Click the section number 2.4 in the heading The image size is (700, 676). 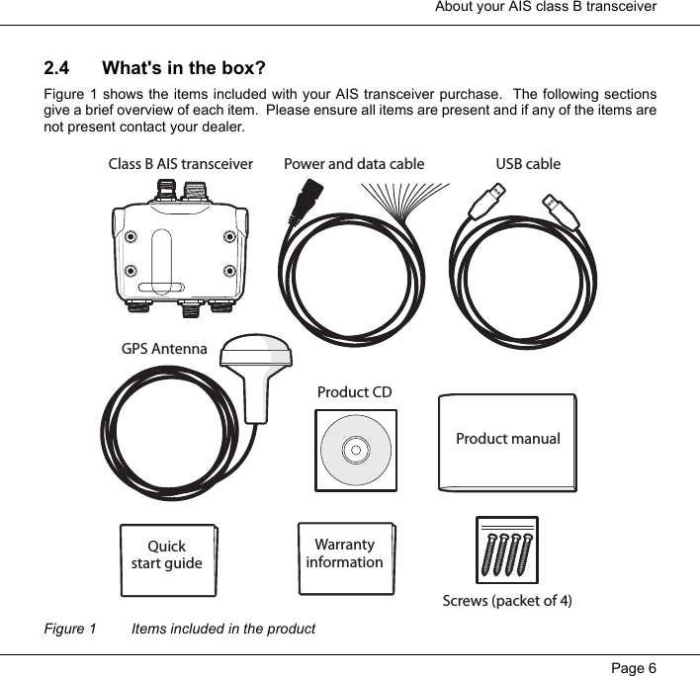pyautogui.click(x=56, y=69)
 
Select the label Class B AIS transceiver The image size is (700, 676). pyautogui.click(x=180, y=164)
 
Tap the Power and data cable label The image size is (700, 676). pyautogui.click(x=354, y=164)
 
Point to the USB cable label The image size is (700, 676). pyautogui.click(x=527, y=164)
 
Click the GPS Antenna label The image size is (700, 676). pyautogui.click(x=164, y=349)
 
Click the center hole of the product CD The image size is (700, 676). pyautogui.click(x=355, y=451)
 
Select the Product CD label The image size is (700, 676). pyautogui.click(x=354, y=392)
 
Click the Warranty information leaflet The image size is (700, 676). pyautogui.click(x=344, y=556)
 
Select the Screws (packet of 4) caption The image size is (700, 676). pyautogui.click(x=506, y=601)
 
